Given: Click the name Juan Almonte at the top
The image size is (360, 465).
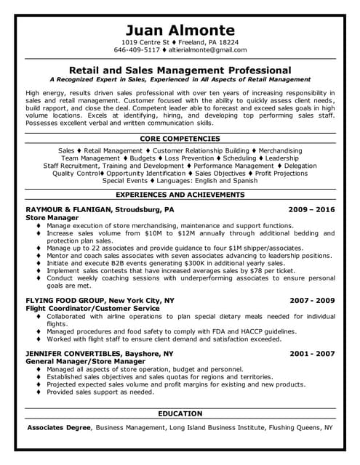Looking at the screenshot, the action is tap(180, 30).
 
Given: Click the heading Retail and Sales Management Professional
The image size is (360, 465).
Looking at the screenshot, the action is tap(180, 69).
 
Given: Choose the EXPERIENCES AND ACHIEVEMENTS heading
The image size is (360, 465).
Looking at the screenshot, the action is tap(180, 195).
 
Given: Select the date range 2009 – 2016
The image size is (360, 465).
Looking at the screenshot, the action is tap(312, 209).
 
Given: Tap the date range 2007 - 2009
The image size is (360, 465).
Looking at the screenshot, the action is tap(312, 299).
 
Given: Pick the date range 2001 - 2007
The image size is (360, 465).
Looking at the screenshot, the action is tap(312, 353).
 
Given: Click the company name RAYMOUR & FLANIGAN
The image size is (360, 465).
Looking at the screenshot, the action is tap(70, 209).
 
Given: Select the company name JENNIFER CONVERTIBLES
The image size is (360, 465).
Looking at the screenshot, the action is tap(76, 353).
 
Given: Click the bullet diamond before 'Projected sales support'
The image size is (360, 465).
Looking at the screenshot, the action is tap(38, 392).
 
